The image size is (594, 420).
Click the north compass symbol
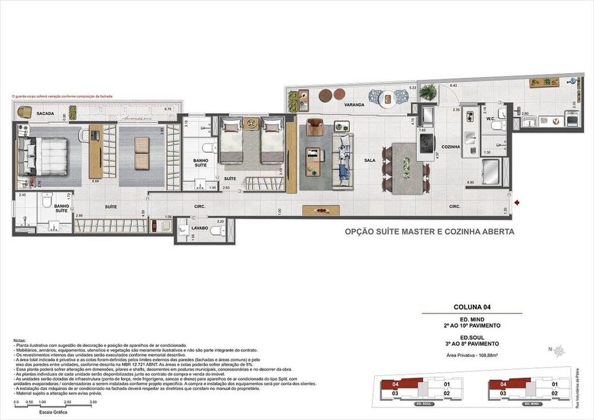(559, 351)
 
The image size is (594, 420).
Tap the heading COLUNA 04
(471, 307)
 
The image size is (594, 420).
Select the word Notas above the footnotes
(19, 340)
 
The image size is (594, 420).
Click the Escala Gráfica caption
(52, 411)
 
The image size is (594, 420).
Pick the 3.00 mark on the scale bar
(93, 402)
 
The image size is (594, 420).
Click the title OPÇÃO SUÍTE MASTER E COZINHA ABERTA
(429, 232)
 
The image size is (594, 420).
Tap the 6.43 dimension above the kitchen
(453, 86)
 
